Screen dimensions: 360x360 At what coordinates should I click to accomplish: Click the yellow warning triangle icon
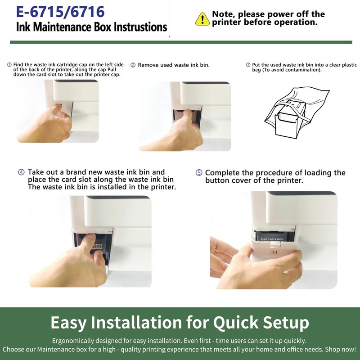point(202,19)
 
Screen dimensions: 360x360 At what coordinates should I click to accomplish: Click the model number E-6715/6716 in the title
point(60,12)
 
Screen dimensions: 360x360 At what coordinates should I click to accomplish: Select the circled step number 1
point(9,65)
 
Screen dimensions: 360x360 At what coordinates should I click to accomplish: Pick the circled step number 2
point(133,65)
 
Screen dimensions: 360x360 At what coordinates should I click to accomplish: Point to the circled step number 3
point(248,65)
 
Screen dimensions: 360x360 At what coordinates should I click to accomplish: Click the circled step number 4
point(21,172)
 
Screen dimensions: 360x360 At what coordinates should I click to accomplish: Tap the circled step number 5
point(199,173)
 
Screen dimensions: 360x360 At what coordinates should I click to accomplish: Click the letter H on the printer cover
point(275,252)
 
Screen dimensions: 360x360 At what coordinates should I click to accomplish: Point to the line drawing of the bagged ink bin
point(297,113)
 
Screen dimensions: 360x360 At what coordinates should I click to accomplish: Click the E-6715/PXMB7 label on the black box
point(272,239)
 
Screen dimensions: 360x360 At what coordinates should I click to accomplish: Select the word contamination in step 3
point(302,70)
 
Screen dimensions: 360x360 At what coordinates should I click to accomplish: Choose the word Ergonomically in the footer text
point(73,341)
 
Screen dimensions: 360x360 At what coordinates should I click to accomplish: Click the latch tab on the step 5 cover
point(275,245)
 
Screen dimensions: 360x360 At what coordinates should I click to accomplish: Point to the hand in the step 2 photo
point(175,133)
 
